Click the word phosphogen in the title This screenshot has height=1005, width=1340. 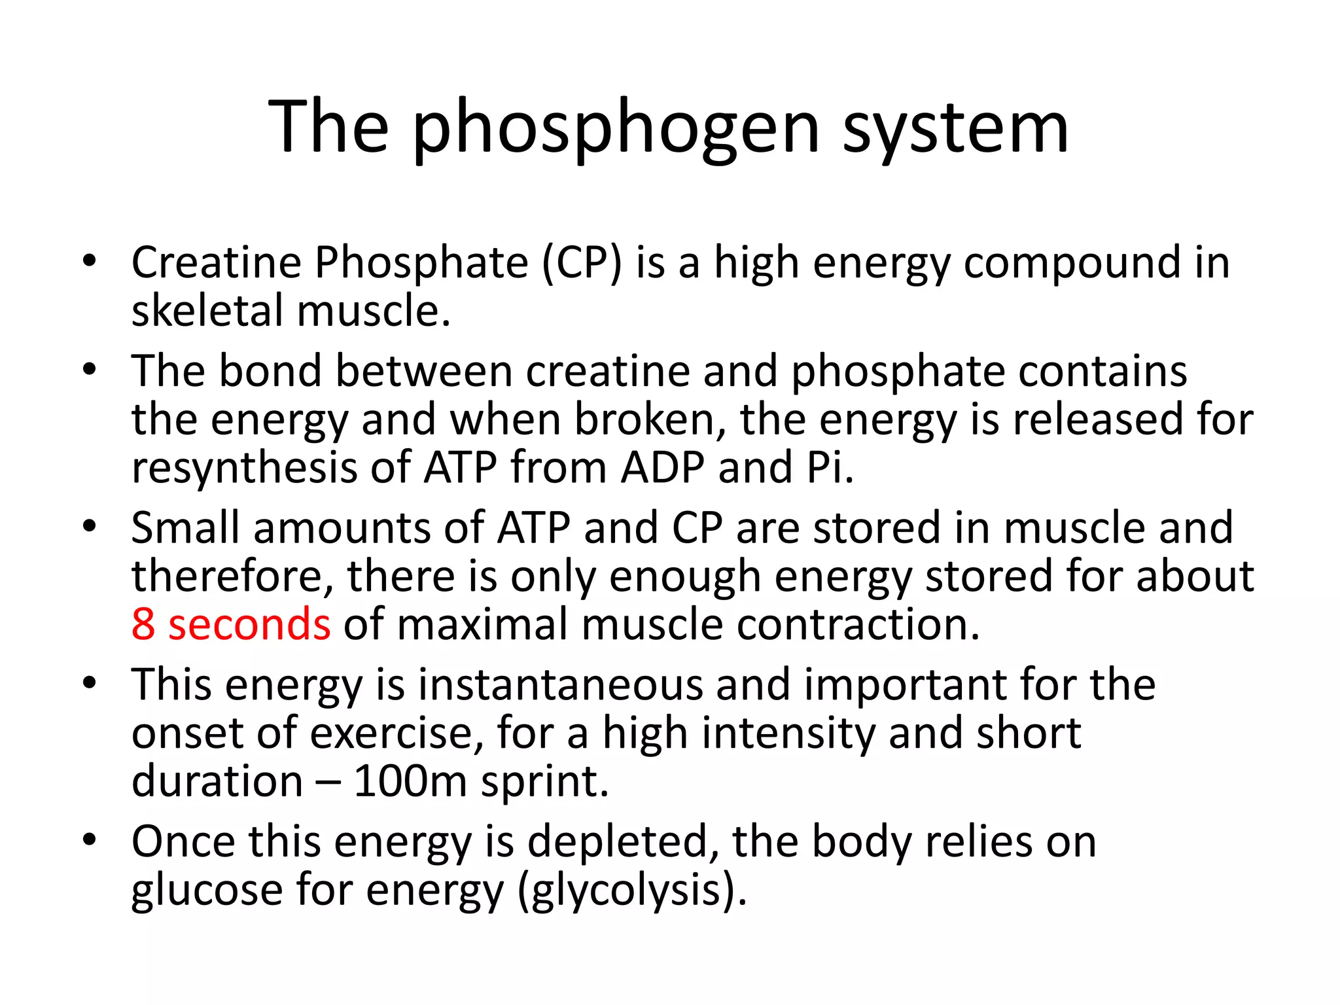click(x=616, y=128)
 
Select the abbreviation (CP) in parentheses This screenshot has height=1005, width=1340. click(x=581, y=263)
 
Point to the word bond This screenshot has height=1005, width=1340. click(x=270, y=371)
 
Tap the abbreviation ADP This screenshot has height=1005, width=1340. click(x=662, y=468)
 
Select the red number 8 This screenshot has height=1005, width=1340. click(x=143, y=624)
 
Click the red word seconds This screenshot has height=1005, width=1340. click(x=249, y=624)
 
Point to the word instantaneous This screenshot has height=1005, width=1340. click(x=559, y=685)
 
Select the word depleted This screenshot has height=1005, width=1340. click(x=618, y=842)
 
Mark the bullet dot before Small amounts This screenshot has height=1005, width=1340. click(x=90, y=526)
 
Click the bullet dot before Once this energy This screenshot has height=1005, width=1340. click(x=90, y=839)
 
